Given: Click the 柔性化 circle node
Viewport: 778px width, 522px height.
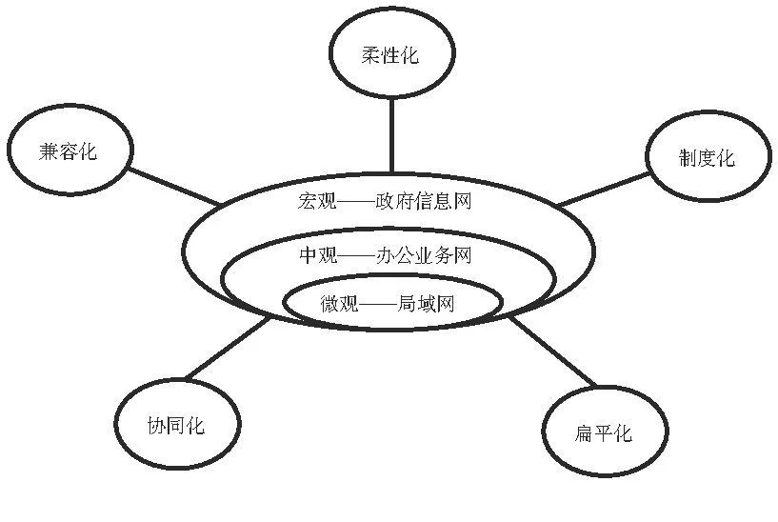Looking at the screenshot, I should [x=390, y=55].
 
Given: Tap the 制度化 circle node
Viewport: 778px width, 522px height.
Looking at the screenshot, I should [x=706, y=158].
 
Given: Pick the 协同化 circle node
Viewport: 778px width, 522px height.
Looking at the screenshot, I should [x=174, y=425].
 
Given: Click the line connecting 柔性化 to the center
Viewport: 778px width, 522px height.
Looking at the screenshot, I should [x=390, y=133].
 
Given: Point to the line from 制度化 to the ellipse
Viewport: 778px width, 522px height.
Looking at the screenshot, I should [x=604, y=189].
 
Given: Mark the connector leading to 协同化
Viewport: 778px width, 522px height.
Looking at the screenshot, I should [x=227, y=350].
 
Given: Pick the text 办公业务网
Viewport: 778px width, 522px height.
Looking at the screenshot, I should [x=424, y=255].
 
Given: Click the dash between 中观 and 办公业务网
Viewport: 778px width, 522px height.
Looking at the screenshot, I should [x=356, y=255].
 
